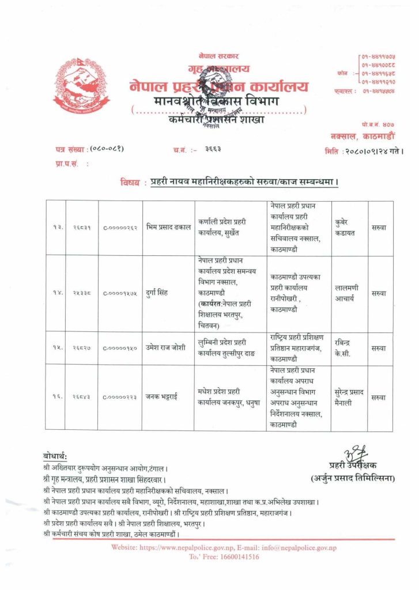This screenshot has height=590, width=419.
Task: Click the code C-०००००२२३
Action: click(120, 398)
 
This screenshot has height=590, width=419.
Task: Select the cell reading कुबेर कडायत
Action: click(348, 227)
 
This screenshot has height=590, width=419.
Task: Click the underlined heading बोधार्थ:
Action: click(55, 456)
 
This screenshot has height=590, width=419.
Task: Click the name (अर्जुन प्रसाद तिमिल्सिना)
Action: click(353, 478)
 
